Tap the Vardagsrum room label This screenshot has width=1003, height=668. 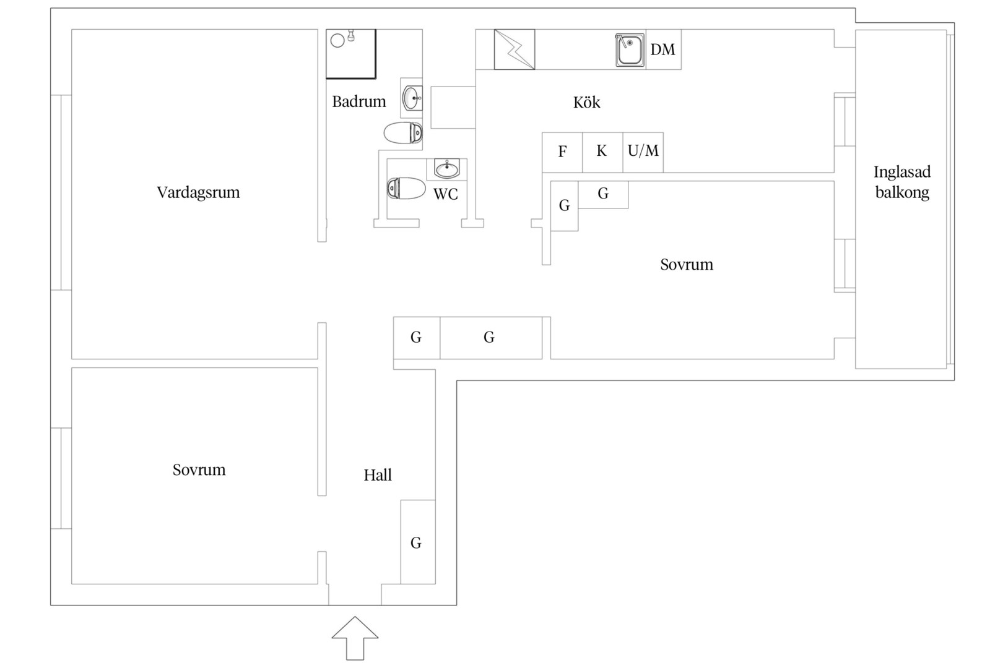(198, 192)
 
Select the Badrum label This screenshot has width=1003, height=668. (358, 101)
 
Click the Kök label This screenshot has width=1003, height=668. (586, 102)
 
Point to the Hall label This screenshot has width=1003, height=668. (378, 475)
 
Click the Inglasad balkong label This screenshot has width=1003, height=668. (902, 182)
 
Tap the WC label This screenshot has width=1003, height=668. (446, 194)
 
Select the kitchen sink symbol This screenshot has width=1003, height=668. (630, 49)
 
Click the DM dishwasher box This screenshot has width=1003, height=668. (664, 49)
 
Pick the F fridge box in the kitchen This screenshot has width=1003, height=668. (562, 152)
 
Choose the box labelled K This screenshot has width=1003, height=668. (602, 152)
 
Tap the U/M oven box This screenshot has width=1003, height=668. (643, 152)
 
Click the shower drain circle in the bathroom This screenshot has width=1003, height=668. (337, 41)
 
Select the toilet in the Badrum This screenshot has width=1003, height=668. (403, 133)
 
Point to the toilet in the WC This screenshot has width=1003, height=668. (406, 189)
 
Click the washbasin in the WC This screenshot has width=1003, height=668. (447, 169)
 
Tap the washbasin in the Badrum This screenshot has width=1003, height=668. (412, 98)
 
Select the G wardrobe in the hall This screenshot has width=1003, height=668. (418, 542)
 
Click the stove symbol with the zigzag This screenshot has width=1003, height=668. (515, 49)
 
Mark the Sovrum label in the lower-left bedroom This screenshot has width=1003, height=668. (199, 470)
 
